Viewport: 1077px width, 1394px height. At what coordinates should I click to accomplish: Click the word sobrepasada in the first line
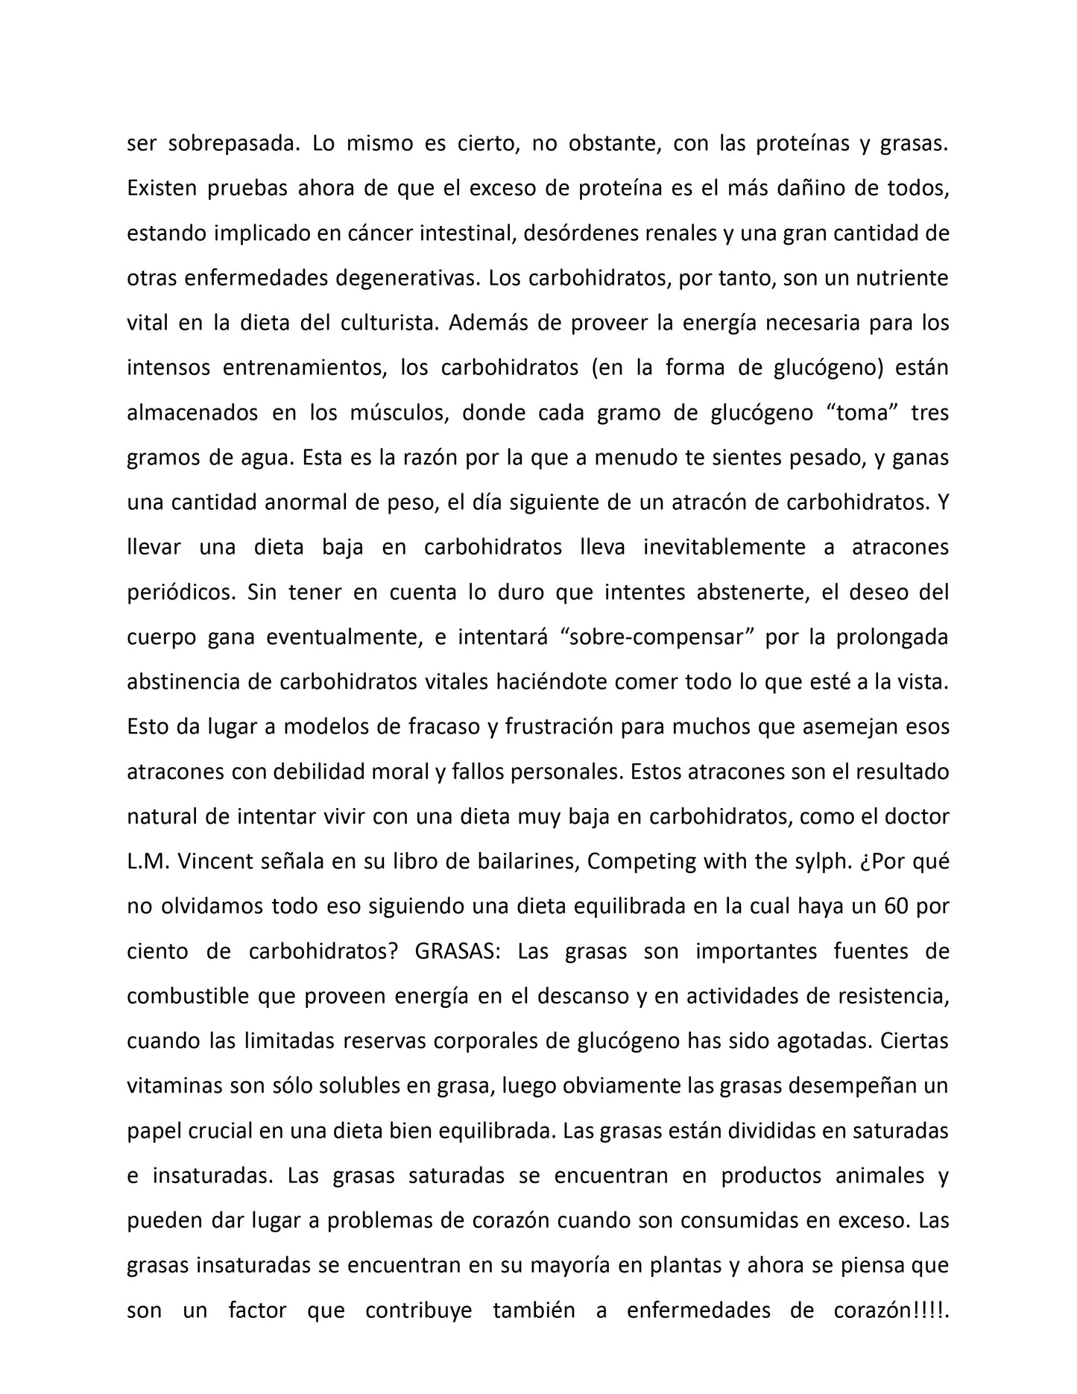[x=232, y=144]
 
